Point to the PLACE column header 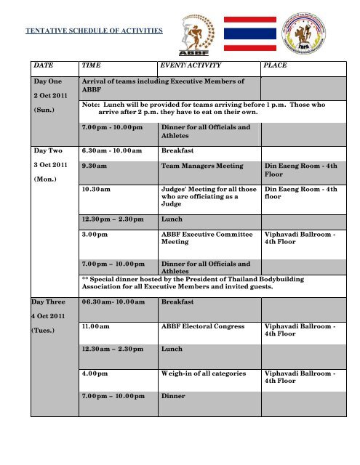tap(277, 65)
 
